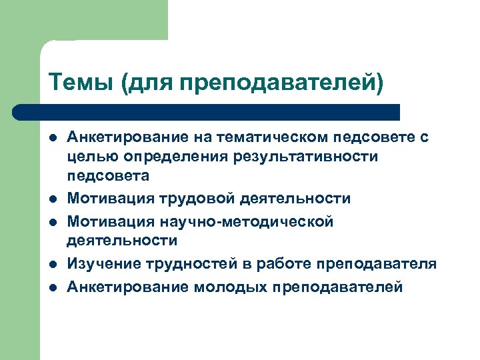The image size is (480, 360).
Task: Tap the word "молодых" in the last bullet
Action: coord(221,287)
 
